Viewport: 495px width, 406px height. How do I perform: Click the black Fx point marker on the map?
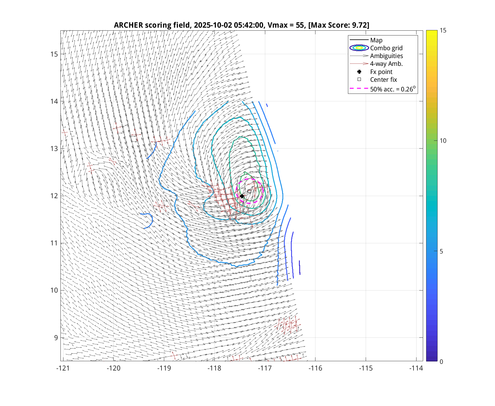point(242,196)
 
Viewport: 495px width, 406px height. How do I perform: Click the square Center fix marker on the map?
point(249,191)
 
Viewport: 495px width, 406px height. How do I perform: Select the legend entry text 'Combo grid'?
point(386,48)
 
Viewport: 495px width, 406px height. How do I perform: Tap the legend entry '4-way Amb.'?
point(386,64)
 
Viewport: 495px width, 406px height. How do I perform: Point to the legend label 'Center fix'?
point(383,80)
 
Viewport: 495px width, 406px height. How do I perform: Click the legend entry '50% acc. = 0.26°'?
point(392,89)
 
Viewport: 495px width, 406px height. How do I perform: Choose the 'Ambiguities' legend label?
point(386,56)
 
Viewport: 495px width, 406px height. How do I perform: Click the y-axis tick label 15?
point(54,54)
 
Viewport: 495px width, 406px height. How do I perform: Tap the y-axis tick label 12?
point(54,196)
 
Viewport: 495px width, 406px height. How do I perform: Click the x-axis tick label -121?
point(63,368)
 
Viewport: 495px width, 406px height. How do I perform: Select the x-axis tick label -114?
point(416,368)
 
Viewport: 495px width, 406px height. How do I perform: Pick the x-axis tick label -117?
point(265,368)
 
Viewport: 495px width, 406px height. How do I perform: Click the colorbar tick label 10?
point(443,141)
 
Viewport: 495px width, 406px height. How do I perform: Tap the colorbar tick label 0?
point(441,362)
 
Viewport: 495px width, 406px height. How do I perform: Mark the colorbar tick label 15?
point(443,30)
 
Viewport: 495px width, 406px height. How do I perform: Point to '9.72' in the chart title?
point(359,25)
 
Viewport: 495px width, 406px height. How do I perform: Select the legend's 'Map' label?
point(376,40)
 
